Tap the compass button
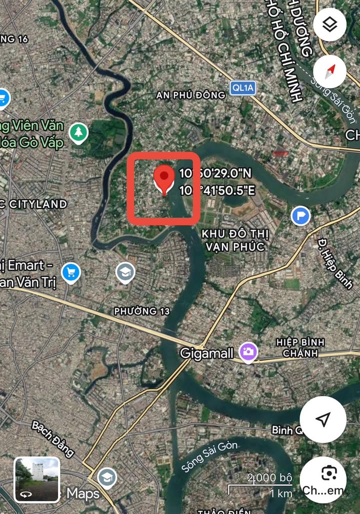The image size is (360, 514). pyautogui.click(x=329, y=72)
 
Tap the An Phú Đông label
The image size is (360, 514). pyautogui.click(x=190, y=95)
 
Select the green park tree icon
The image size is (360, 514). pyautogui.click(x=78, y=133)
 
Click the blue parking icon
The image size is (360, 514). pyautogui.click(x=300, y=216)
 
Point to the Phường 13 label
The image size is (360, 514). pyautogui.click(x=142, y=311)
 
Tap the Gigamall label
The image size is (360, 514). pyautogui.click(x=207, y=354)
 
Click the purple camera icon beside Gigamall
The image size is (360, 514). pyautogui.click(x=248, y=352)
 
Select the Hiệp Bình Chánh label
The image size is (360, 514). pyautogui.click(x=300, y=348)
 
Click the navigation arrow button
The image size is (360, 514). pyautogui.click(x=323, y=419)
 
